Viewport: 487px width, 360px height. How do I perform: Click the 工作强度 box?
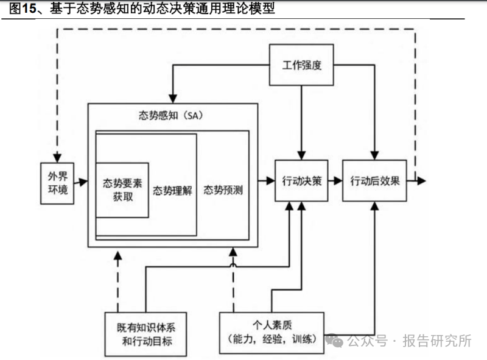301,65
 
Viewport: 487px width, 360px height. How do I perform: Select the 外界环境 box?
57,183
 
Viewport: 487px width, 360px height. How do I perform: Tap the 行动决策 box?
301,181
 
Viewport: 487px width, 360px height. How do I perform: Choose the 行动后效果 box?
374,181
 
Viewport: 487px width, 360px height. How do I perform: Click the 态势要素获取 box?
122,190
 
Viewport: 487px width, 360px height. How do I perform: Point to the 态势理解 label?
172,190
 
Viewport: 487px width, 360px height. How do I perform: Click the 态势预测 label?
223,190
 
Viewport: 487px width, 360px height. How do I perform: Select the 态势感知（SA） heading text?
171,116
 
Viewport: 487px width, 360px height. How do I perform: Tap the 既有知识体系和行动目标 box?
145,334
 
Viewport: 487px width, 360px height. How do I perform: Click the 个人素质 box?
272,333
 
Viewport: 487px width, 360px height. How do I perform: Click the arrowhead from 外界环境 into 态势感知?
83,182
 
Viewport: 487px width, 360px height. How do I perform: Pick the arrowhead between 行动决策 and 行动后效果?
338,181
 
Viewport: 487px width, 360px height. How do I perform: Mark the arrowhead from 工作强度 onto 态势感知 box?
173,99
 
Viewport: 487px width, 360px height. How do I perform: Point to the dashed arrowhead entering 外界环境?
57,158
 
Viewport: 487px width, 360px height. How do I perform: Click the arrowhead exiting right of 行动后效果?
421,181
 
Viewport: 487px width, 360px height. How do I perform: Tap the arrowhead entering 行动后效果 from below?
375,206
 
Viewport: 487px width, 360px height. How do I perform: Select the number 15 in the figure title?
29,9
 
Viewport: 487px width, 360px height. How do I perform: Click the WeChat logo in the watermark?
334,341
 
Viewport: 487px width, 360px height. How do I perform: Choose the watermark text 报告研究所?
437,341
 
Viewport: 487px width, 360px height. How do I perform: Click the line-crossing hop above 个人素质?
233,265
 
